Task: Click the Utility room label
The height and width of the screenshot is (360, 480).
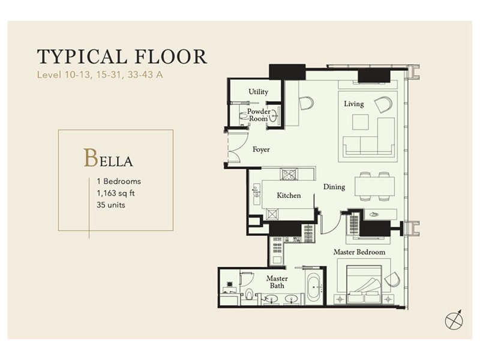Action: pyautogui.click(x=259, y=92)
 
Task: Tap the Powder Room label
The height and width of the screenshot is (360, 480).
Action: pyautogui.click(x=259, y=115)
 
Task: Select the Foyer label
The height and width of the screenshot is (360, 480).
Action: pyautogui.click(x=261, y=149)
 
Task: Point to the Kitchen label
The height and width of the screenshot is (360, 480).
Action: pyautogui.click(x=289, y=196)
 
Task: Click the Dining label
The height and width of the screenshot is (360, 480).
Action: pyautogui.click(x=334, y=187)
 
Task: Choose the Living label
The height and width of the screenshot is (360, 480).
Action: pyautogui.click(x=354, y=104)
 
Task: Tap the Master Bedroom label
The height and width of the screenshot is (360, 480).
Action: pyautogui.click(x=359, y=252)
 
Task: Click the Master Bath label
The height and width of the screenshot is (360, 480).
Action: pyautogui.click(x=277, y=282)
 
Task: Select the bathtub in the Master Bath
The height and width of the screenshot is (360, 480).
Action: pyautogui.click(x=314, y=287)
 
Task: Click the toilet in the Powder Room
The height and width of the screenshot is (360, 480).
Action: pyautogui.click(x=244, y=116)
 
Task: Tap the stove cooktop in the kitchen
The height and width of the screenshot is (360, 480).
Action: pyautogui.click(x=289, y=174)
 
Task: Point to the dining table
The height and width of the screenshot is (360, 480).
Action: pyautogui.click(x=374, y=187)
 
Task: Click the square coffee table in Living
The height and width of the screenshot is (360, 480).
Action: pyautogui.click(x=361, y=122)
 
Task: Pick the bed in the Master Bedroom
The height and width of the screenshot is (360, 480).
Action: pyautogui.click(x=364, y=284)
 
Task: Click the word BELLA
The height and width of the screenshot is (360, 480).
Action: pyautogui.click(x=109, y=158)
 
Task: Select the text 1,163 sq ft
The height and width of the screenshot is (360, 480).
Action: pyautogui.click(x=116, y=193)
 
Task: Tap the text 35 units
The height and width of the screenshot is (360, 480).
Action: pyautogui.click(x=111, y=205)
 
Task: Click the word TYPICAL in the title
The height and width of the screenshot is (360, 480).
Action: pyautogui.click(x=82, y=56)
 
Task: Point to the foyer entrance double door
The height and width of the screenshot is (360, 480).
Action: pyautogui.click(x=234, y=148)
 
